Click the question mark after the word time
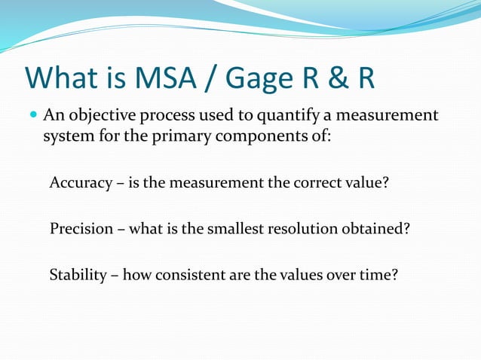coord(394,275)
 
